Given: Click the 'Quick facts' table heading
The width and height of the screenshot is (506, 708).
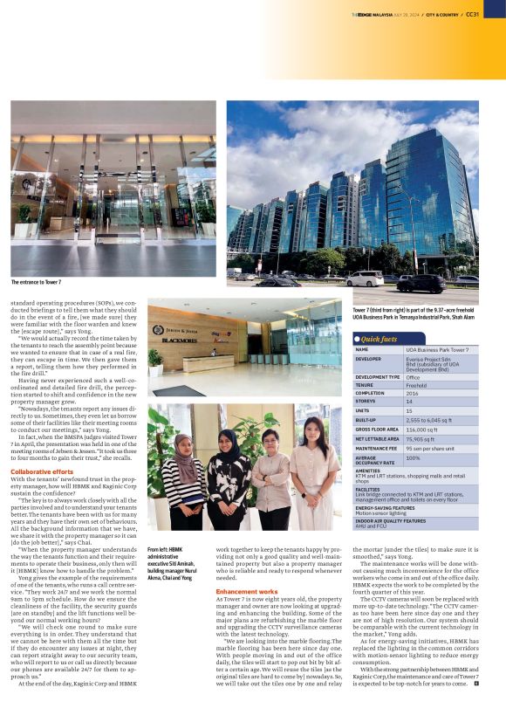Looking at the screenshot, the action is (379, 339).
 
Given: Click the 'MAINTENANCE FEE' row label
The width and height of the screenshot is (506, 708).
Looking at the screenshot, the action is (379, 448).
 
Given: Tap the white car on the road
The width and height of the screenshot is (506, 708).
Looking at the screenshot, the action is (365, 278).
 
